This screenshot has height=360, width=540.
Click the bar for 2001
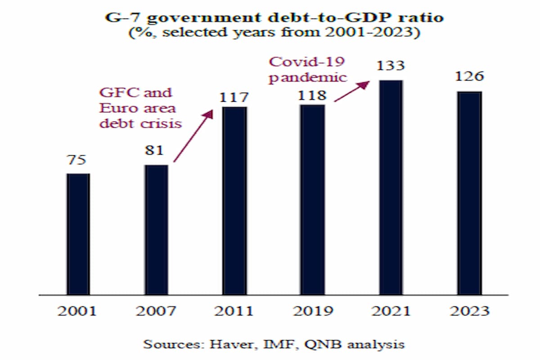[x=78, y=234]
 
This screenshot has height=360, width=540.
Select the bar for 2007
[x=156, y=229]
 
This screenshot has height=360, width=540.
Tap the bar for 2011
[x=234, y=201]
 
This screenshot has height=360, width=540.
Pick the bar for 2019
[x=312, y=200]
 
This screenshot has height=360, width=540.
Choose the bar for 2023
[x=469, y=193]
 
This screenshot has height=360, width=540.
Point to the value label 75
[x=77, y=160]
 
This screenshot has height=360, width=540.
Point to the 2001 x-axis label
[x=77, y=311]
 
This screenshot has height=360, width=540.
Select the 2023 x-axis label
[x=469, y=311]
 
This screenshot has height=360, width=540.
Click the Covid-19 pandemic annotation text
[x=308, y=69]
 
